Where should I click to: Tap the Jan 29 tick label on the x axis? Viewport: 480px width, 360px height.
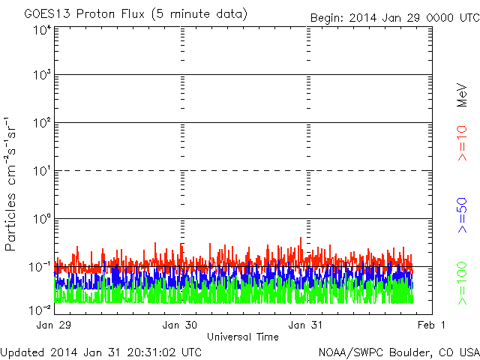(53, 325)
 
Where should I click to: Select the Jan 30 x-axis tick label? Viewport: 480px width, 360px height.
(180, 325)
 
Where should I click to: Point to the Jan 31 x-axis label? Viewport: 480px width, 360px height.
(305, 325)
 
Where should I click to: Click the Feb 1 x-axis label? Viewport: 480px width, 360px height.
(431, 325)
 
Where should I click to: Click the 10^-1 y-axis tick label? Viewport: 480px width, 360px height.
(40, 267)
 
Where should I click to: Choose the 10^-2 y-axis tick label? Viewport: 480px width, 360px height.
(40, 310)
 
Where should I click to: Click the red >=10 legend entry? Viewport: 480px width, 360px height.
(462, 143)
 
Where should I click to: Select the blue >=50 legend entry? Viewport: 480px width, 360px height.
(462, 215)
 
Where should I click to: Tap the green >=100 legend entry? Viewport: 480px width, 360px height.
(462, 283)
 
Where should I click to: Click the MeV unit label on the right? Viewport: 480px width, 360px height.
(462, 95)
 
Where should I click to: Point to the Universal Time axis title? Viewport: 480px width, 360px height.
(243, 337)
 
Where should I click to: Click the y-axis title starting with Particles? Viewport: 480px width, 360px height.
(10, 184)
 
